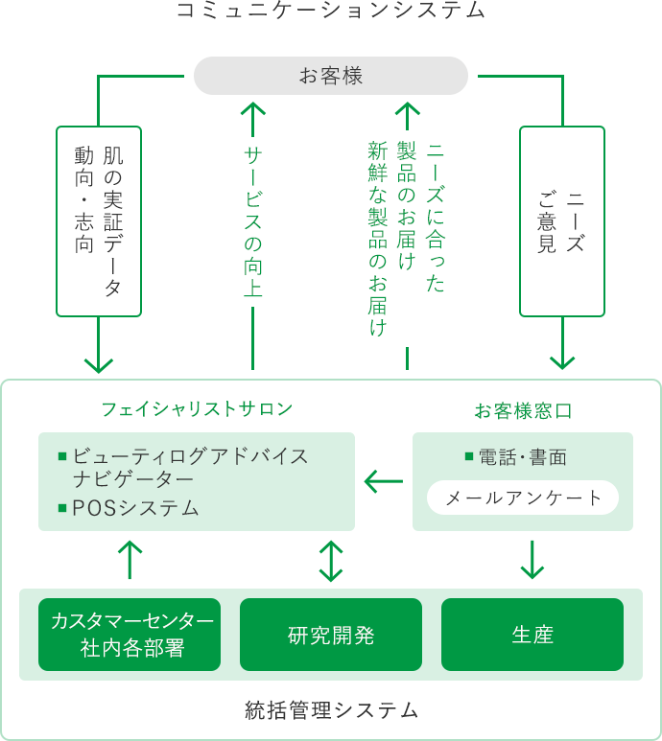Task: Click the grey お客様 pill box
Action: (x=331, y=76)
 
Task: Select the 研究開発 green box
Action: (x=331, y=635)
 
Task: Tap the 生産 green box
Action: (x=532, y=635)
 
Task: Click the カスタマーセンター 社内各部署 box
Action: (x=130, y=635)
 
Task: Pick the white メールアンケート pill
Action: (x=523, y=498)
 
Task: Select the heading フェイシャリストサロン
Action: (x=198, y=408)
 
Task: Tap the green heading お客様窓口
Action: (x=523, y=410)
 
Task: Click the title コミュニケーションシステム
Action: (x=331, y=10)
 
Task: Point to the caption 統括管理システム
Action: (x=331, y=709)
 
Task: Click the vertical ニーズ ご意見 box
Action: (x=562, y=221)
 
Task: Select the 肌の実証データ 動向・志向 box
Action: (x=99, y=221)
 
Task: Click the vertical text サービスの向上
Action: (x=253, y=221)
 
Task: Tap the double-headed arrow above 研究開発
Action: (x=331, y=561)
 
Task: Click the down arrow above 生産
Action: (x=532, y=560)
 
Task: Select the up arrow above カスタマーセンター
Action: (x=130, y=560)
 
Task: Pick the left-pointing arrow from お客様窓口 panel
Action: (x=384, y=481)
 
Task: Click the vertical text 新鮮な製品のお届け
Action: (x=378, y=239)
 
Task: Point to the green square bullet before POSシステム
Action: (x=62, y=508)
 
